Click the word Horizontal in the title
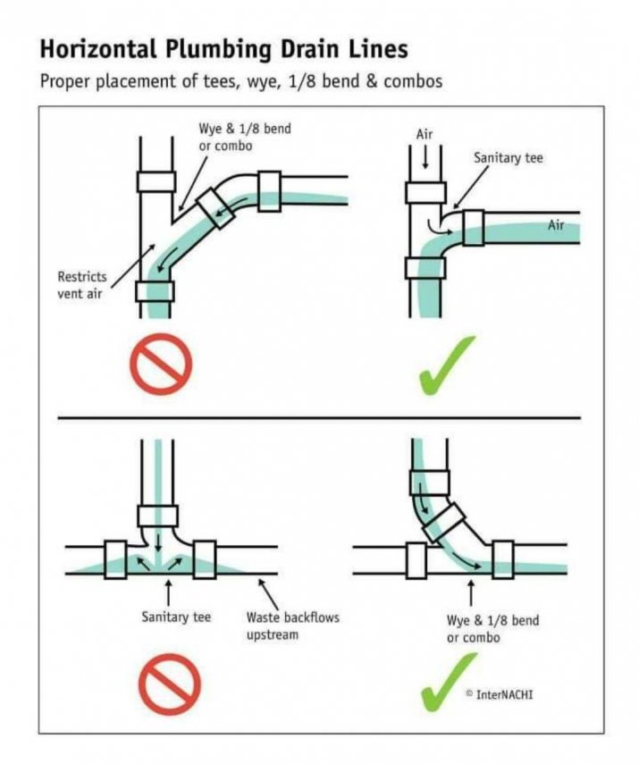point(98,49)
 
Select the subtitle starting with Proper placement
point(241,81)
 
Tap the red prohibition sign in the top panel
point(161,364)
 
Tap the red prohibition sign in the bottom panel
point(169,684)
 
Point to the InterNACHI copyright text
point(500,694)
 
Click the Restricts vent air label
point(82,285)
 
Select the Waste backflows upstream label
point(292,626)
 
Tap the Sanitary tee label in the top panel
point(508,158)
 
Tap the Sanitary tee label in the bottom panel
point(176,617)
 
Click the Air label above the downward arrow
point(424,134)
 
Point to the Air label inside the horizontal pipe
point(556,225)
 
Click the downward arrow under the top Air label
point(425,157)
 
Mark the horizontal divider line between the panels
point(319,418)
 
